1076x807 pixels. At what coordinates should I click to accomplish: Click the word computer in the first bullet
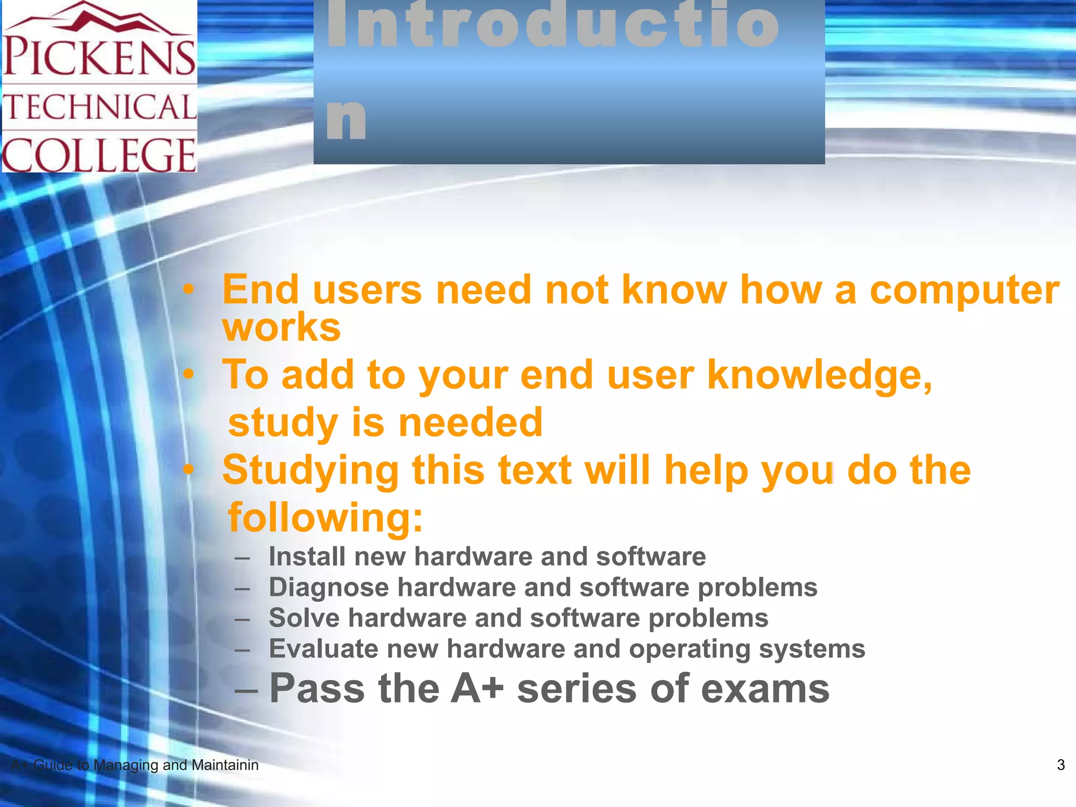(x=964, y=290)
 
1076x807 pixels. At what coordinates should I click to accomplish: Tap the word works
(x=282, y=328)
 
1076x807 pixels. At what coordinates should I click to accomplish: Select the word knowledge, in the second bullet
(x=820, y=375)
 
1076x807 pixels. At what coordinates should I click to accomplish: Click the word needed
(x=470, y=422)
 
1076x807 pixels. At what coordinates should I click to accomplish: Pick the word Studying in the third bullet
(x=311, y=470)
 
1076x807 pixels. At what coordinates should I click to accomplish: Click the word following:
(x=325, y=518)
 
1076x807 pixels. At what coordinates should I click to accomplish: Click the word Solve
(x=304, y=618)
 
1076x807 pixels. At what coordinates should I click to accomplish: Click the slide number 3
(x=1060, y=765)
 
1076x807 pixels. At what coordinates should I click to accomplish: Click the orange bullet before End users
(x=189, y=289)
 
